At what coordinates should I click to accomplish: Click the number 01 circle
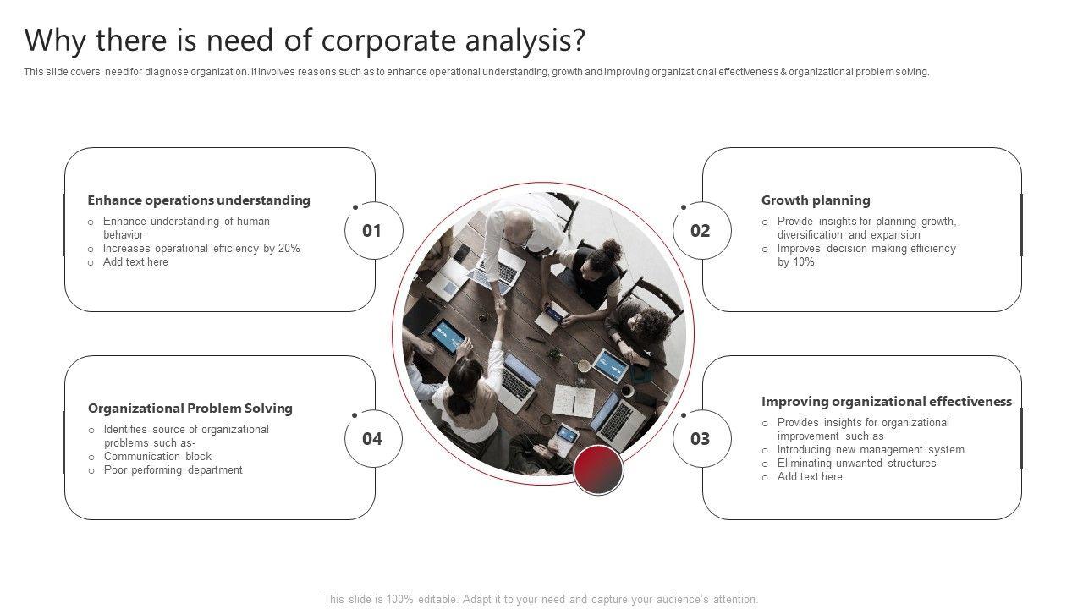click(373, 231)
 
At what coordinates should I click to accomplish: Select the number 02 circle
click(701, 231)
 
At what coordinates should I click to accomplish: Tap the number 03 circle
click(701, 439)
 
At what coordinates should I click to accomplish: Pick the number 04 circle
click(373, 439)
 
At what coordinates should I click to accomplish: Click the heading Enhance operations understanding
click(199, 200)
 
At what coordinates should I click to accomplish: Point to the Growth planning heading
click(816, 200)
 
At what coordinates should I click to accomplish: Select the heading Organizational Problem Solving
click(190, 409)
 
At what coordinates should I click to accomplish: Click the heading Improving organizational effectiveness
click(887, 402)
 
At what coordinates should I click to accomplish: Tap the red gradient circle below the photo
click(598, 469)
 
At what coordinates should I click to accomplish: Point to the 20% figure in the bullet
click(289, 249)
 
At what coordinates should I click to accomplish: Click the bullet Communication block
click(157, 457)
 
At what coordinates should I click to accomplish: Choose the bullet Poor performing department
click(173, 470)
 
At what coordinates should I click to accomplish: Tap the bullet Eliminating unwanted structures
click(856, 464)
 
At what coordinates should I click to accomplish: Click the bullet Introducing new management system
click(871, 450)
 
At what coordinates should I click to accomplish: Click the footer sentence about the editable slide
click(541, 600)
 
